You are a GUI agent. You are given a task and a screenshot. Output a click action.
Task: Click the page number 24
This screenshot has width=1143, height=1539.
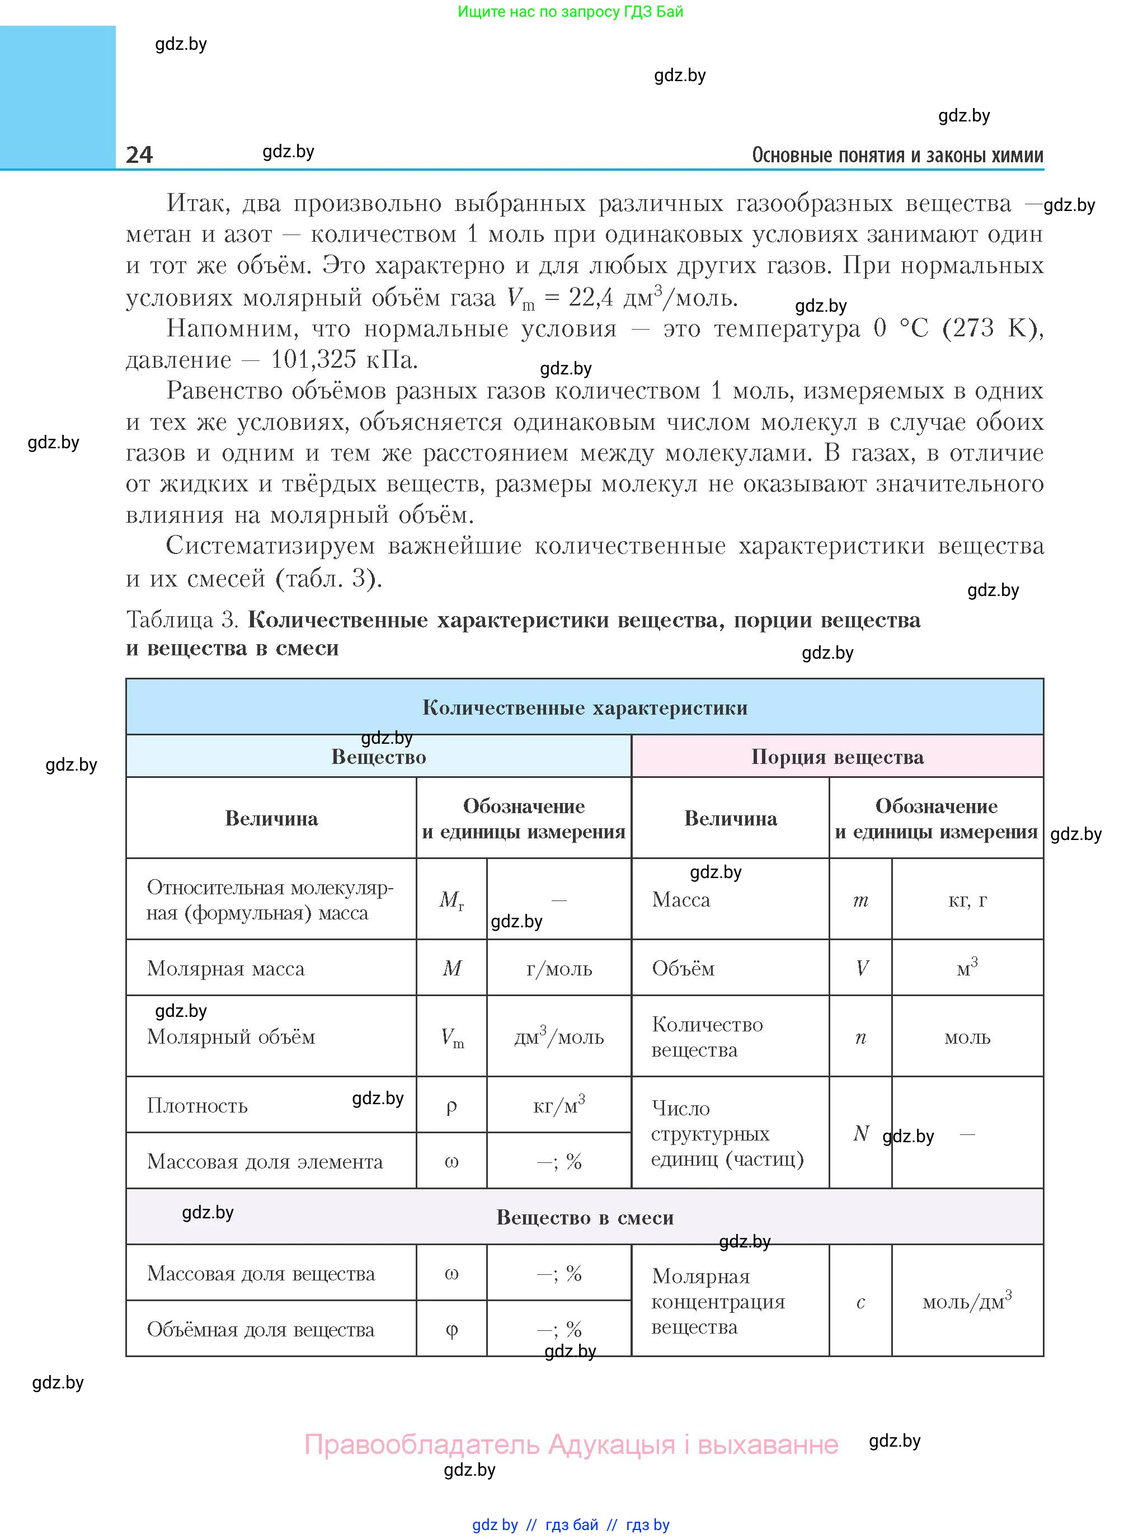point(139,154)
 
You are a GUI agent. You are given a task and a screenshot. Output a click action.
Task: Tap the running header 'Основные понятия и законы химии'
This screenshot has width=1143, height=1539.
point(897,156)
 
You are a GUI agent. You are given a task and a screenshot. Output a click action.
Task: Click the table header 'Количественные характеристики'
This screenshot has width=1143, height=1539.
point(585,707)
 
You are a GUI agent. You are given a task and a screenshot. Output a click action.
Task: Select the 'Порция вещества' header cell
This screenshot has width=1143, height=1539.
point(837,757)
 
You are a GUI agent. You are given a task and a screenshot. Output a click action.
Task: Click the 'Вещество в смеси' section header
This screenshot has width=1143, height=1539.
point(585,1217)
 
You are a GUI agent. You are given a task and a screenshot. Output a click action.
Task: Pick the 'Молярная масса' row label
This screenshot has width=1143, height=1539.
point(225,968)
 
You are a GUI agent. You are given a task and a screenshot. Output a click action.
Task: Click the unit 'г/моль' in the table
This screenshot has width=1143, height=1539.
point(559,968)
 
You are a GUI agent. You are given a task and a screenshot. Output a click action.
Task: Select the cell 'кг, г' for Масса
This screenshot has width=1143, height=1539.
point(967,899)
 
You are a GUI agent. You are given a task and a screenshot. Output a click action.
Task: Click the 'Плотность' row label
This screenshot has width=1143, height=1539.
point(197,1105)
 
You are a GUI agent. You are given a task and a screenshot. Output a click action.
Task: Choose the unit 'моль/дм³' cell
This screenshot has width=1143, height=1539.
point(967,1302)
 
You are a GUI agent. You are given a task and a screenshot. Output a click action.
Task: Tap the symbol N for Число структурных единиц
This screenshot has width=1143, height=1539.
point(860,1133)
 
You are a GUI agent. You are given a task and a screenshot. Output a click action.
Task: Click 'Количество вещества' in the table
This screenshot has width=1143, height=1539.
point(707,1036)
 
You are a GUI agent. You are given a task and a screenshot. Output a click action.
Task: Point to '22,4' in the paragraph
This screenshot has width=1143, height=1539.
point(590,298)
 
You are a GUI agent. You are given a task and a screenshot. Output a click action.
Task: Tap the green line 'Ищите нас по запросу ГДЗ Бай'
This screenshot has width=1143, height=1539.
point(570,12)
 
